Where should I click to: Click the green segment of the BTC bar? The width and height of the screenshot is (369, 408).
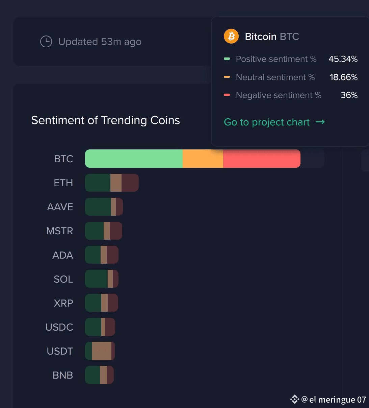click(x=134, y=159)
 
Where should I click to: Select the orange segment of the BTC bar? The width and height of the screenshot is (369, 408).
click(x=203, y=159)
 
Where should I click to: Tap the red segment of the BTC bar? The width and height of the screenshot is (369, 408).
click(x=262, y=159)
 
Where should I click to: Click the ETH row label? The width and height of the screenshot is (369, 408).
click(x=63, y=183)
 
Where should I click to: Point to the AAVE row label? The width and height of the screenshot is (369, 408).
click(x=60, y=207)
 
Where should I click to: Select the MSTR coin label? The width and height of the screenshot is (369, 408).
click(x=60, y=231)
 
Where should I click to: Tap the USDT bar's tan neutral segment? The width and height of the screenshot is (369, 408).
click(x=101, y=351)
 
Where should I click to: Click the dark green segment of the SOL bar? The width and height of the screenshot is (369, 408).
click(x=96, y=279)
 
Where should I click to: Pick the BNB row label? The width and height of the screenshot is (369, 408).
click(x=63, y=375)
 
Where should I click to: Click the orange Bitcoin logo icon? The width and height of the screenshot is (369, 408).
click(x=231, y=36)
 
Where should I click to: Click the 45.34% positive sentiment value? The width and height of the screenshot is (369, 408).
click(x=343, y=59)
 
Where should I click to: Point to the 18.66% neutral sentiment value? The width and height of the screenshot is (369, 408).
click(x=344, y=77)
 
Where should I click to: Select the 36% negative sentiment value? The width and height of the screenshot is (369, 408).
click(x=349, y=95)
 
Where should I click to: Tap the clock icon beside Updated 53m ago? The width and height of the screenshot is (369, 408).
click(x=46, y=42)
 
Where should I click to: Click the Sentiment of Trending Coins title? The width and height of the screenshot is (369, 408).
click(x=105, y=120)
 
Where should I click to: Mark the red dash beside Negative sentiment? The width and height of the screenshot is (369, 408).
click(x=227, y=95)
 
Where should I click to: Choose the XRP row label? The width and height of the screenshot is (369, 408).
click(x=63, y=303)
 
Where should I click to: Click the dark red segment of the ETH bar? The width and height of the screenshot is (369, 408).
click(x=130, y=183)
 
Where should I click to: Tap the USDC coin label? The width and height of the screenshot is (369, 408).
click(x=59, y=327)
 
